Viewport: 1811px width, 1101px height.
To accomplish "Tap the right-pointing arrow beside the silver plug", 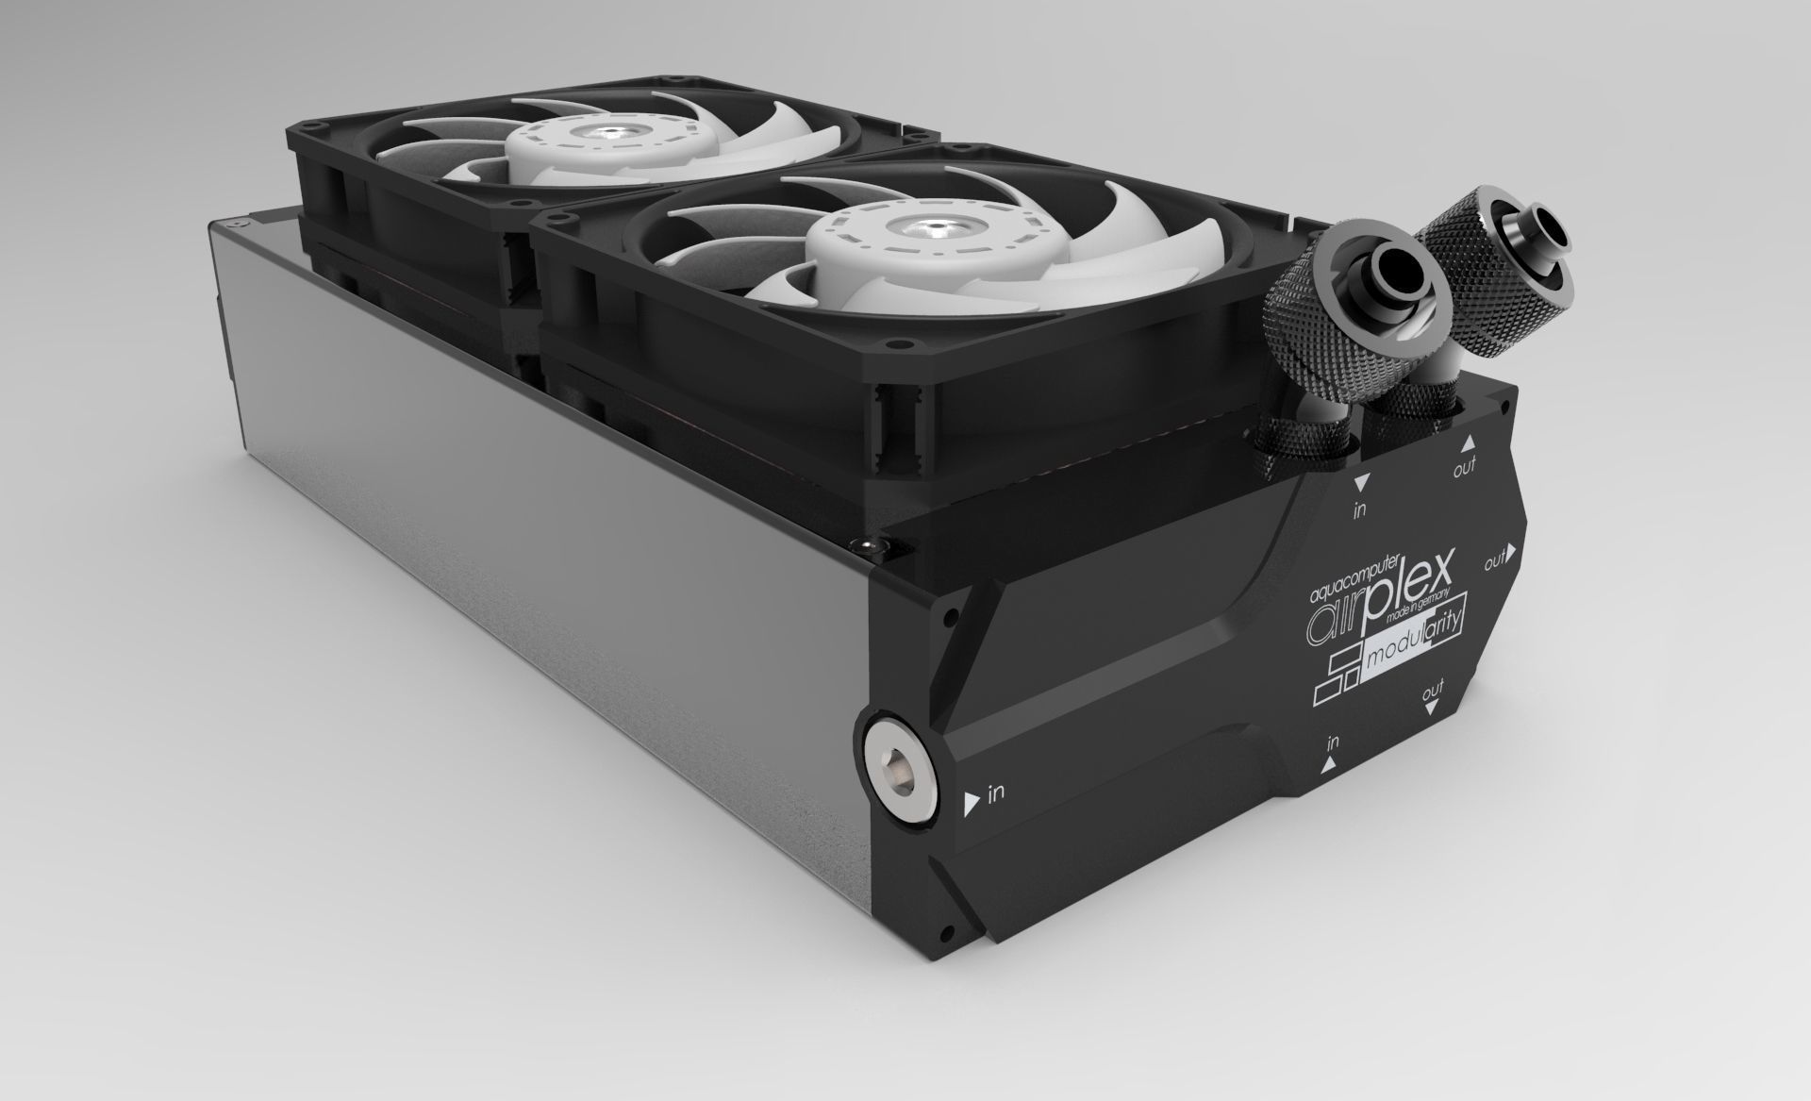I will (x=972, y=804).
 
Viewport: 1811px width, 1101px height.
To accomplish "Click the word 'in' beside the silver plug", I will (x=996, y=793).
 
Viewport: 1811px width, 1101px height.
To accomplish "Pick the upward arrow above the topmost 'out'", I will (x=1468, y=442).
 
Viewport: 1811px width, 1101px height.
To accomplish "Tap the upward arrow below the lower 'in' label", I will (x=1329, y=766).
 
